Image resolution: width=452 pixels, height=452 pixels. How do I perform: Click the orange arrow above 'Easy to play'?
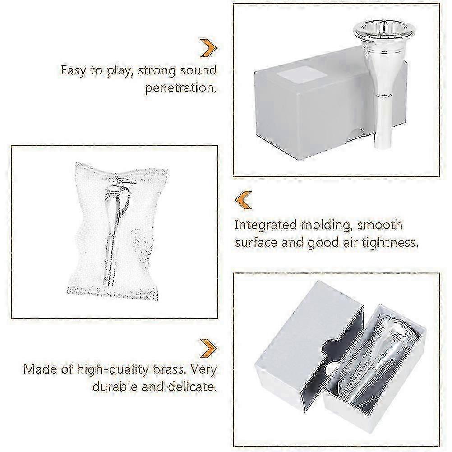(x=208, y=48)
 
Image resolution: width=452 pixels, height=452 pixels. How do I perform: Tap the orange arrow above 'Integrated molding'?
(x=244, y=200)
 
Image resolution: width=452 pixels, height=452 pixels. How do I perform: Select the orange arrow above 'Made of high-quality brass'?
(x=208, y=348)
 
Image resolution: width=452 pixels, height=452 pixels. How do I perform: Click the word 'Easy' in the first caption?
(x=74, y=71)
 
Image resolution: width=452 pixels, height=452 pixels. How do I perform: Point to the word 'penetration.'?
(x=180, y=88)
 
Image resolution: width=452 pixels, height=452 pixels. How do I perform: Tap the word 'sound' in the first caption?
(x=198, y=71)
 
